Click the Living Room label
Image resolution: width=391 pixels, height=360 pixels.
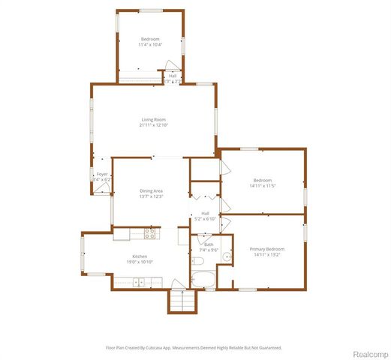click(153, 120)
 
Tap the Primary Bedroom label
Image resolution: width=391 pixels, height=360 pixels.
click(267, 249)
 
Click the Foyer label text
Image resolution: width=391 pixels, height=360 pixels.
click(101, 175)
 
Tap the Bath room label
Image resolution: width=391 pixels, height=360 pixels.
click(208, 244)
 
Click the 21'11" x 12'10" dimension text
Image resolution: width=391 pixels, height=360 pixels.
click(153, 126)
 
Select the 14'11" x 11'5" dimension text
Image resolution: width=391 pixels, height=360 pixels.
click(262, 185)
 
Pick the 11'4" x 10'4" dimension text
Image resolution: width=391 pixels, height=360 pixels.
click(150, 45)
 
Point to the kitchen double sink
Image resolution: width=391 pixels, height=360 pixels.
click(138, 283)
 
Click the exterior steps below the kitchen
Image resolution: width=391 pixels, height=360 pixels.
click(180, 301)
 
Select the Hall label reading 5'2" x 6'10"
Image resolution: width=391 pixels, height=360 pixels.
click(205, 216)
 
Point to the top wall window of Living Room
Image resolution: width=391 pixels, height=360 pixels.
click(203, 84)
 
